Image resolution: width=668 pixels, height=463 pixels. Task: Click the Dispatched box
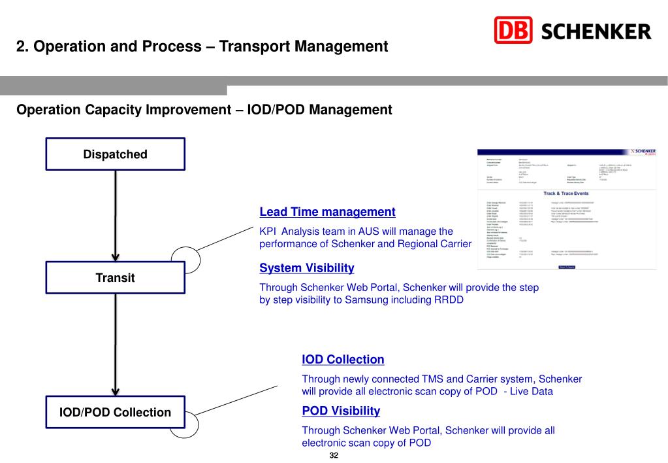tap(115, 154)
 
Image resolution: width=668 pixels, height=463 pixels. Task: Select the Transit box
tap(115, 278)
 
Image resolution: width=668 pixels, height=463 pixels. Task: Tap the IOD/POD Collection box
tap(115, 412)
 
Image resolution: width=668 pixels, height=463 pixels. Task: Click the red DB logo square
tap(514, 31)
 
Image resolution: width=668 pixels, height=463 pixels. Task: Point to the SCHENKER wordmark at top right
tap(597, 31)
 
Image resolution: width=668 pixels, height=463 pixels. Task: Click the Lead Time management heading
tap(327, 212)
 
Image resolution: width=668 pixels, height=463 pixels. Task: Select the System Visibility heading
tap(307, 268)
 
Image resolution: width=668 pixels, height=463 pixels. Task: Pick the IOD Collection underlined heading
tap(343, 360)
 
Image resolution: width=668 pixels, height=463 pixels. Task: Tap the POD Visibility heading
tap(341, 411)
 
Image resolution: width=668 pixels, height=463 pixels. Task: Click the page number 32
tap(334, 455)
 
